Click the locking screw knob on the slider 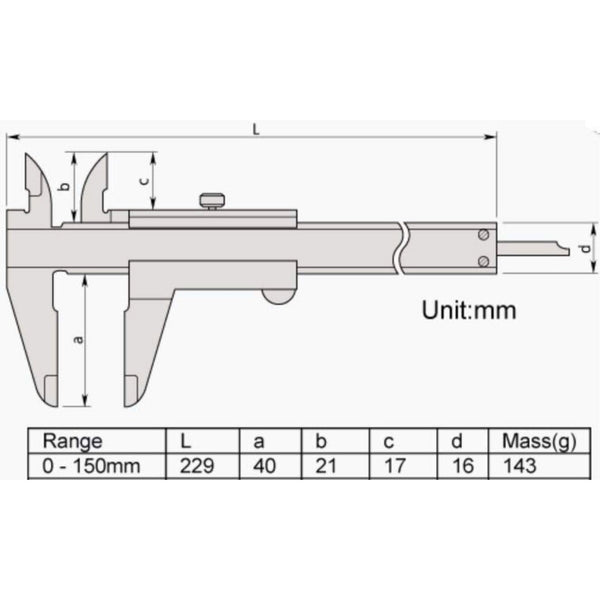(x=212, y=201)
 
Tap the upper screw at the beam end (x=484, y=235)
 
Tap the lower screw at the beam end (x=484, y=261)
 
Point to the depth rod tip (x=569, y=251)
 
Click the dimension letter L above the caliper (x=256, y=129)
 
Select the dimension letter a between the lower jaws (x=78, y=339)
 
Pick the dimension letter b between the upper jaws (x=65, y=186)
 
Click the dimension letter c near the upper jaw (x=144, y=180)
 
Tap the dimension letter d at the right (x=585, y=249)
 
